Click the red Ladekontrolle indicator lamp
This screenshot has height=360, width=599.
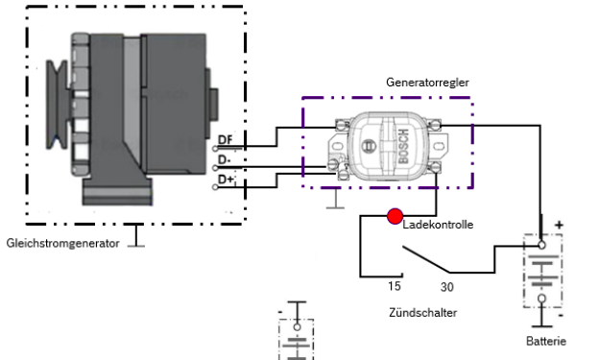[x=395, y=216]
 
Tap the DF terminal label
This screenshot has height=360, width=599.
[x=225, y=139]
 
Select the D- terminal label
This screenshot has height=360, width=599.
[x=225, y=159]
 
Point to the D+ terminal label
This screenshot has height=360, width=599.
[x=226, y=179]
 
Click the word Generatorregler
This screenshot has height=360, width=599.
[x=427, y=83]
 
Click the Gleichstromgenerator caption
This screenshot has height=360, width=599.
[x=63, y=243]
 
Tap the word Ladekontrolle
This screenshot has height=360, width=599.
[x=438, y=225]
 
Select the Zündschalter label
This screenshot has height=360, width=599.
[x=423, y=313]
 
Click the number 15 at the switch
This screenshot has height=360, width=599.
[x=395, y=286]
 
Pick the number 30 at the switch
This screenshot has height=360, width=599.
[x=447, y=287]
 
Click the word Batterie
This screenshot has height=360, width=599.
[x=546, y=341]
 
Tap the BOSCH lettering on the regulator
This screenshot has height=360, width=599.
[x=403, y=146]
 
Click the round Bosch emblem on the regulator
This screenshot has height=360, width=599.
[x=369, y=146]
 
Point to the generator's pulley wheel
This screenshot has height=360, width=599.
[x=58, y=105]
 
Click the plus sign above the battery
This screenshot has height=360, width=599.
[x=559, y=225]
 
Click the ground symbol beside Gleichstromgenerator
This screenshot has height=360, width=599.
[x=136, y=236]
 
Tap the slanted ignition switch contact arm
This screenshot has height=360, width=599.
[x=426, y=259]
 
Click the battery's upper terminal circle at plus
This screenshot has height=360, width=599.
[x=541, y=245]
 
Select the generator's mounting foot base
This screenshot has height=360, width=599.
[x=117, y=191]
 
